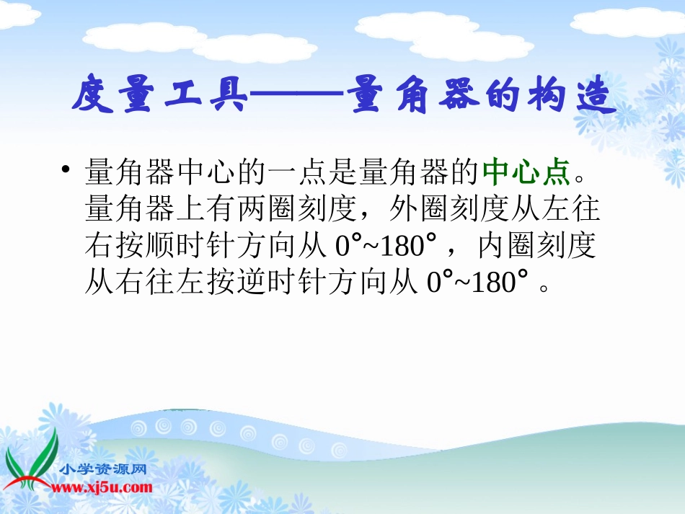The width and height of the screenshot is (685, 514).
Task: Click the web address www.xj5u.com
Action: click(101, 488)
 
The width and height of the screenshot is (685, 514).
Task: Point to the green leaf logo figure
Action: click(30, 461)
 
